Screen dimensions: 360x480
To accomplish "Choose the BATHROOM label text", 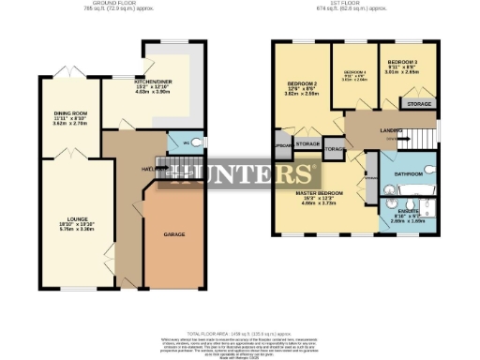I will click(x=409, y=174).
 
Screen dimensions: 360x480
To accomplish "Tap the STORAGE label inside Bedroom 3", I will click(x=418, y=103).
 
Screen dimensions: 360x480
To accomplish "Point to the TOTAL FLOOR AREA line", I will click(x=240, y=333).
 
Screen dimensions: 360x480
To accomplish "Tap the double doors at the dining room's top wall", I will click(x=67, y=74).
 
